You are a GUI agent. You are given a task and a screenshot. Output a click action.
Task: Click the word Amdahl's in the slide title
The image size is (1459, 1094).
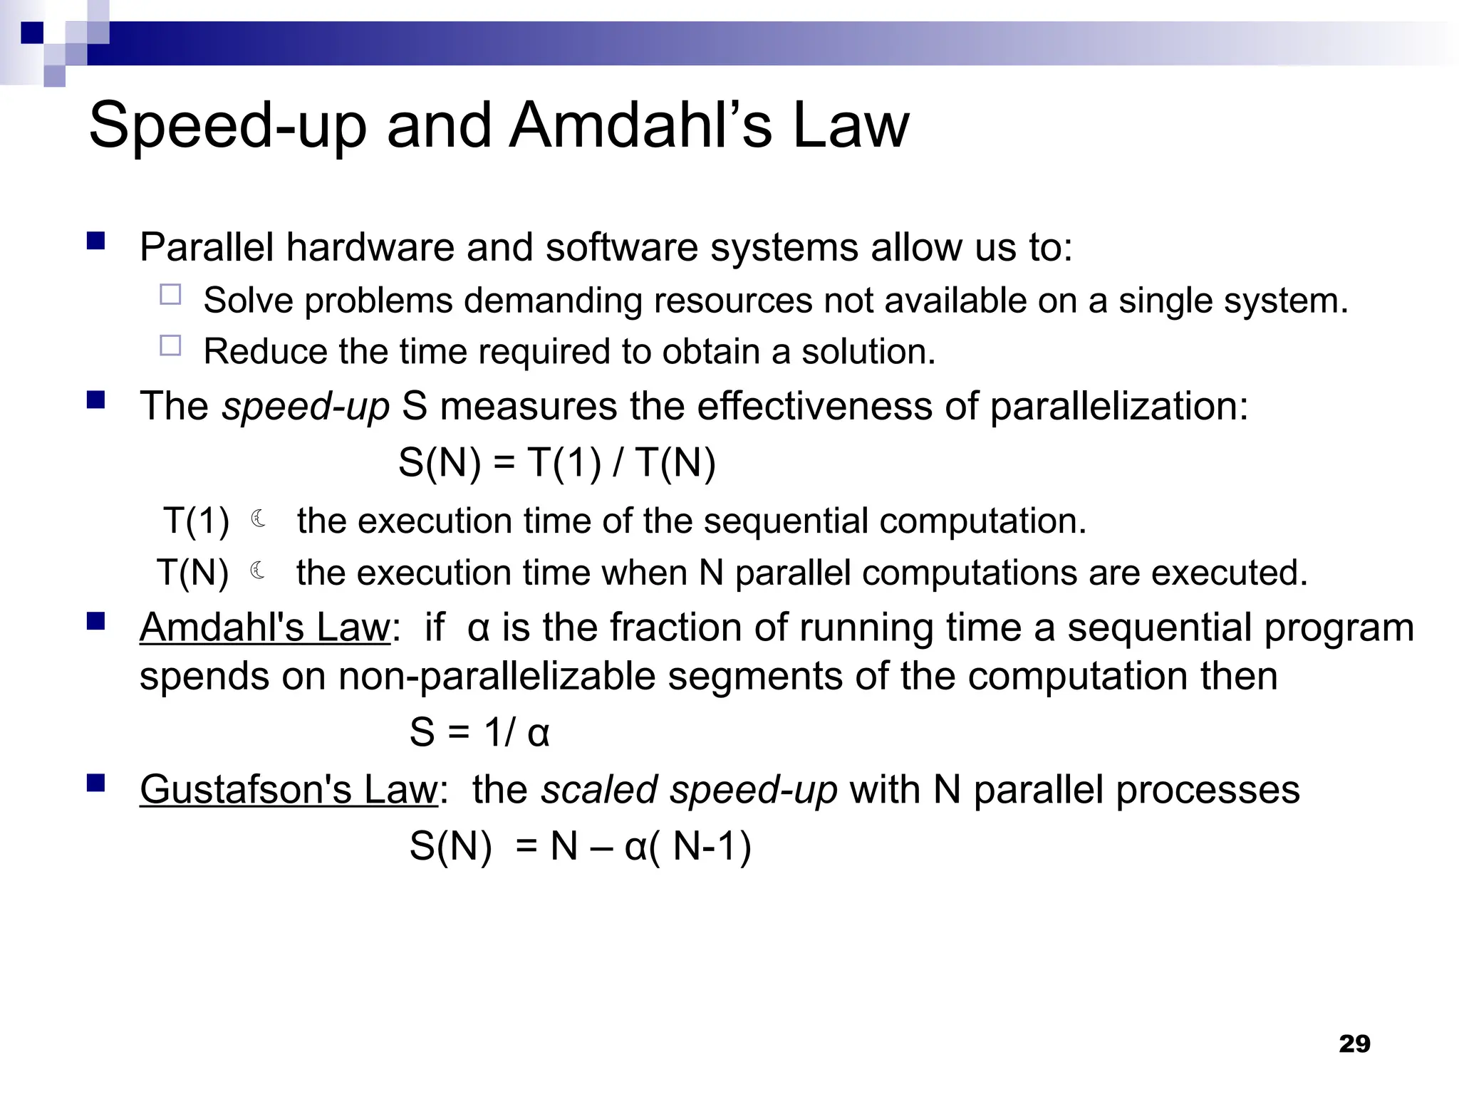pos(640,125)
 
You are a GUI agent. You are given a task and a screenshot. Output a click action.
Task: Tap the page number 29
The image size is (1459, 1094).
pos(1354,1043)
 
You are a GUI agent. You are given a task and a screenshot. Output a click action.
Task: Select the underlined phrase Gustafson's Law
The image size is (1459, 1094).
pos(288,790)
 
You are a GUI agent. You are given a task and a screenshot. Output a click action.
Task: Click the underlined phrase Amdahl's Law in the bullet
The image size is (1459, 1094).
pos(265,628)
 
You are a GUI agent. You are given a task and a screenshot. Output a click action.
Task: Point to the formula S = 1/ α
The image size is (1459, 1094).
pos(479,732)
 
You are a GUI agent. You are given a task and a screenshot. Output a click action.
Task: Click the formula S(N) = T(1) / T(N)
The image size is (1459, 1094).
pos(556,463)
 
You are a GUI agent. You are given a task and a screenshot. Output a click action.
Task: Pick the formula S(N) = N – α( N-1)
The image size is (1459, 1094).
pos(580,847)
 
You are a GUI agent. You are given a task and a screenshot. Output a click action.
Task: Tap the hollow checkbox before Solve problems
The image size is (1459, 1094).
pos(170,295)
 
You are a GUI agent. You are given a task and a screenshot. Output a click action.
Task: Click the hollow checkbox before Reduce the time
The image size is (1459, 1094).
pos(170,346)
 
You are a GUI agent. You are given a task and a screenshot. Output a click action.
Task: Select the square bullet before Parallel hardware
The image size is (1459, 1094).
pos(95,241)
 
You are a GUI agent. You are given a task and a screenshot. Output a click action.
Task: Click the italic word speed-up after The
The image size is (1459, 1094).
pos(306,407)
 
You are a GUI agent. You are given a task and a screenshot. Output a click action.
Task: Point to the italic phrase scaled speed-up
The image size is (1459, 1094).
pos(689,790)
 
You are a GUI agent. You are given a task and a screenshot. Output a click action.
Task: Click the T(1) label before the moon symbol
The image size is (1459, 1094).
pos(196,521)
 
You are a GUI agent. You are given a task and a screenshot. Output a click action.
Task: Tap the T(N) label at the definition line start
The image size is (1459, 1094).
pos(192,573)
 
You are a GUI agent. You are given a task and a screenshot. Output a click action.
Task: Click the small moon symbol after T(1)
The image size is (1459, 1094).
pos(259,519)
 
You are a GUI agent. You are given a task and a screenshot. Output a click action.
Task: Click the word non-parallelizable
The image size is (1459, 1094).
pos(497,677)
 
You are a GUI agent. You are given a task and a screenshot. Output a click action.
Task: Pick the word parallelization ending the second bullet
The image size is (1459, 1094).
pos(1118,407)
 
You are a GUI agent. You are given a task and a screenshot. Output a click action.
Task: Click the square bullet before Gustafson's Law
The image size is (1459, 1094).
pos(95,784)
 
